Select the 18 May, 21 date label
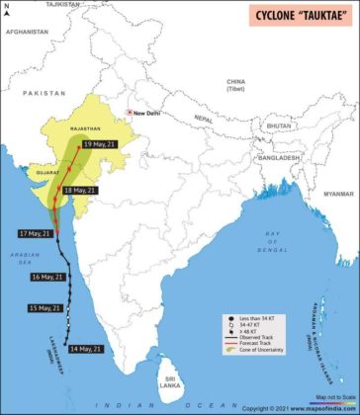(x=81, y=190)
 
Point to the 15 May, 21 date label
(x=45, y=308)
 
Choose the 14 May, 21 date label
(x=83, y=348)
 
